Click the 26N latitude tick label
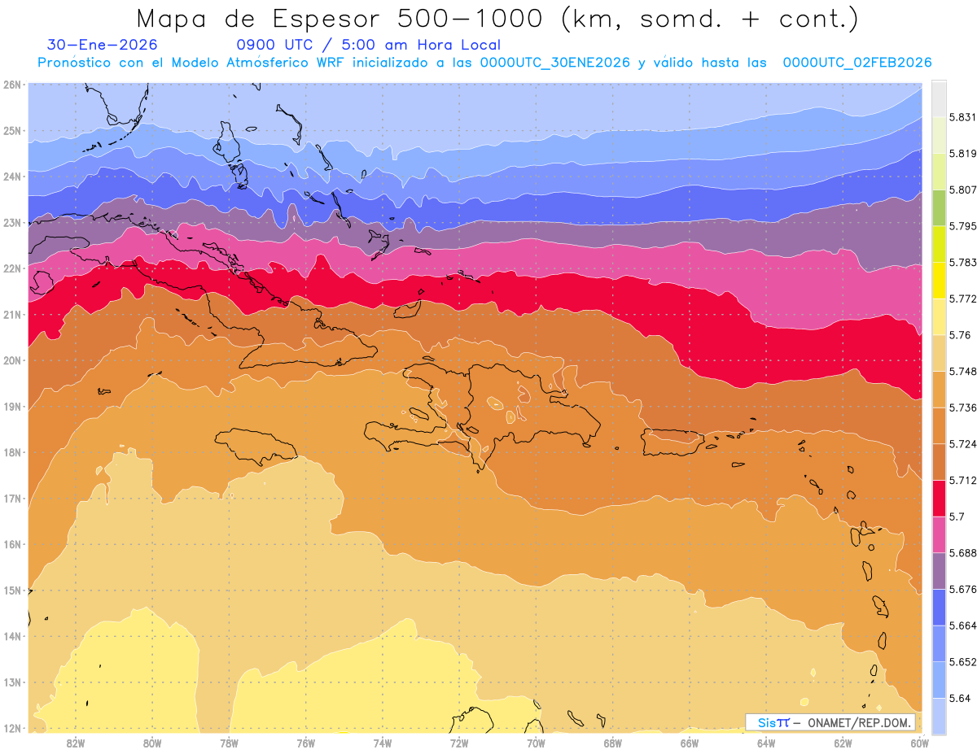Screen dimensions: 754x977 12,84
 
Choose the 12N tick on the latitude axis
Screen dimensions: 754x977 12,728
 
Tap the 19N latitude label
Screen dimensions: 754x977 12,406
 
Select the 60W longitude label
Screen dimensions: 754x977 919,743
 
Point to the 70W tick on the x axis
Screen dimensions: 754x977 536,743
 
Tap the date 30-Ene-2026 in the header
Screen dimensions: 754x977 103,46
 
